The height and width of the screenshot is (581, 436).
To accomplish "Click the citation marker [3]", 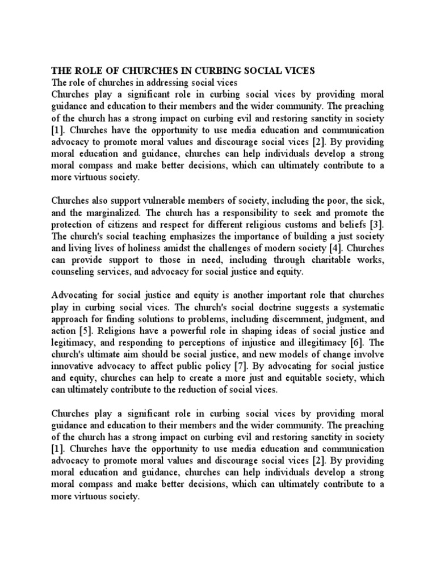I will coord(376,224).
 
